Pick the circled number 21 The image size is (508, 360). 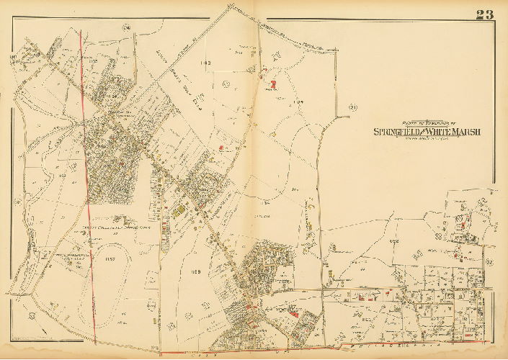[x=353, y=108]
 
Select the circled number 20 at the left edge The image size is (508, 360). [x=12, y=58]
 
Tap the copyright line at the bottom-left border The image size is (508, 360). [x=29, y=338]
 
